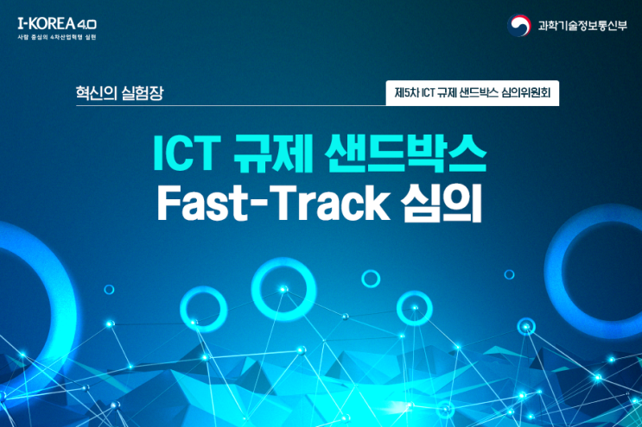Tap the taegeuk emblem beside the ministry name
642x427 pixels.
(519, 25)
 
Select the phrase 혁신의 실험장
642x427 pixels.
(119, 91)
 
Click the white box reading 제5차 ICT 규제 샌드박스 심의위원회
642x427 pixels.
(472, 91)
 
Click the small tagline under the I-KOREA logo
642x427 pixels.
(57, 38)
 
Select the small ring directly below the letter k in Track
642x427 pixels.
(371, 278)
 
